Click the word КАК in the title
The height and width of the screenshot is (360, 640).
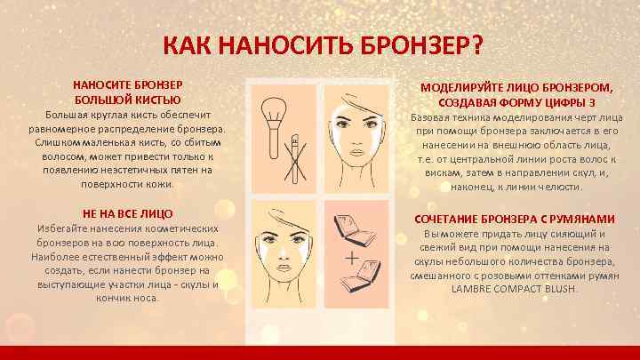tap(189, 45)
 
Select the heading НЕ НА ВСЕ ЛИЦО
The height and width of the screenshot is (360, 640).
tap(127, 214)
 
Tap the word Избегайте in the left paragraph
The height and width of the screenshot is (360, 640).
tap(62, 228)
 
